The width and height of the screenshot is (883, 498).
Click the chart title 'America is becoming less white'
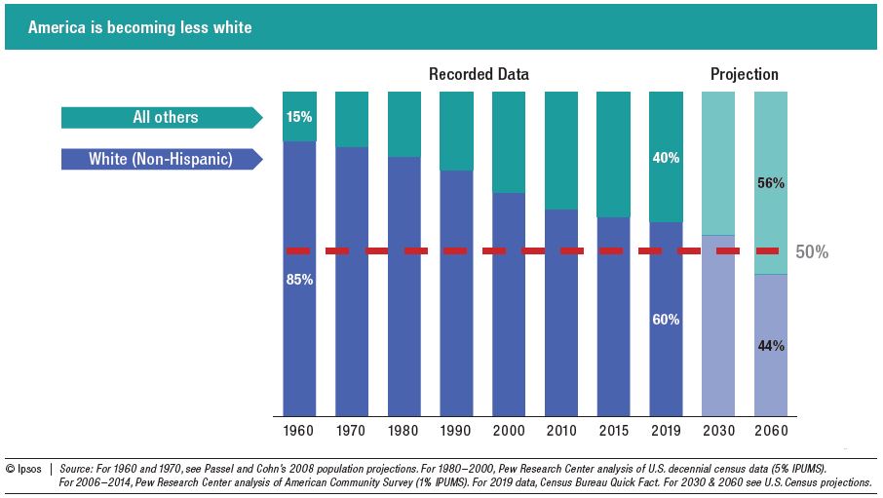coord(140,27)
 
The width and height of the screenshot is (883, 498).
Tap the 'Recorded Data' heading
coord(479,74)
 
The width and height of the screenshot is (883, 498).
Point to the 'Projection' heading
coord(744,74)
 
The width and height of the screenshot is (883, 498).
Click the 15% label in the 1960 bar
coord(299,117)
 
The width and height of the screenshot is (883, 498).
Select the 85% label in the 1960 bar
coord(299,280)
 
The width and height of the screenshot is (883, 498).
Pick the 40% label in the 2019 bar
coord(666,158)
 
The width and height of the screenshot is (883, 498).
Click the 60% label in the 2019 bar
coord(666,320)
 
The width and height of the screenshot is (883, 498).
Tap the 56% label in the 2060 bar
coord(770,183)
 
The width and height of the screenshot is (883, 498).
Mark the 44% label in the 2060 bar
coord(770,346)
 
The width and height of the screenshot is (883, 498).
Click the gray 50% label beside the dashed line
coord(812,251)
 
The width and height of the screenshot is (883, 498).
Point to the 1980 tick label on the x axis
coord(403,430)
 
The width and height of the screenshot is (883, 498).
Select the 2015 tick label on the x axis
coord(613,430)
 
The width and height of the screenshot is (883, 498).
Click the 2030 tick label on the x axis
coord(717,430)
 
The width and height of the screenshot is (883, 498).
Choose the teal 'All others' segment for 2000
coord(509,141)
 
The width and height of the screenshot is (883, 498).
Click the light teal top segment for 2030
coord(717,162)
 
